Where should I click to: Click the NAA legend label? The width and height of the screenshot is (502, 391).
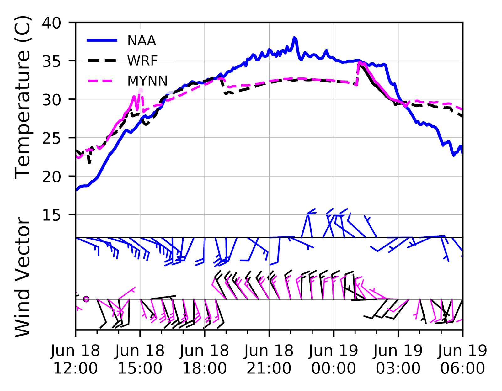[x=142, y=41]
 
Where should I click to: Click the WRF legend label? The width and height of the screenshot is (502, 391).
[x=142, y=61]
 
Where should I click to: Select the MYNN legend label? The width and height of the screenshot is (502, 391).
[x=147, y=81]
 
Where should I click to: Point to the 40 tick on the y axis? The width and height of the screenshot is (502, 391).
[x=52, y=23]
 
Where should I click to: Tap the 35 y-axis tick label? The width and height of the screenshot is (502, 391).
[x=52, y=61]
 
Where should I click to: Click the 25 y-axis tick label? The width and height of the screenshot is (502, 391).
[x=52, y=138]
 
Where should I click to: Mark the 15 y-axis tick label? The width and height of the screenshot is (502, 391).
[x=52, y=215]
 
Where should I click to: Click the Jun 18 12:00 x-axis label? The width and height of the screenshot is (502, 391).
[x=75, y=359]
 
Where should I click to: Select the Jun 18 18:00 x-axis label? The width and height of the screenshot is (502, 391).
[x=205, y=359]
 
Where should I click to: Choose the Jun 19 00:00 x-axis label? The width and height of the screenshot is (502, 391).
[x=334, y=359]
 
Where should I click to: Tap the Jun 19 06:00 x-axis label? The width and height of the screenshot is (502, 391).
[x=462, y=359]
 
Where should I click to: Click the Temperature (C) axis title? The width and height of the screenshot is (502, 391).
[x=23, y=97]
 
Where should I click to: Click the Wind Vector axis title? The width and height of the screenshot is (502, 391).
[x=23, y=277]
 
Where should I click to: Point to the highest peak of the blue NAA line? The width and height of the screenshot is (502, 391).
[x=294, y=38]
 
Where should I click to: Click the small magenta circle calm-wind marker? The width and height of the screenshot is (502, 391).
[x=86, y=299]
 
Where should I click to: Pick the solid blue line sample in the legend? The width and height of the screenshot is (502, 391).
[x=102, y=40]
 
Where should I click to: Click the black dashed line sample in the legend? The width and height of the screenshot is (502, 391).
[x=102, y=61]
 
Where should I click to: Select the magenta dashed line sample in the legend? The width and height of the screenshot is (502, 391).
[x=102, y=81]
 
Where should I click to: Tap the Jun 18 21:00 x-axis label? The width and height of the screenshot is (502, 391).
[x=269, y=359]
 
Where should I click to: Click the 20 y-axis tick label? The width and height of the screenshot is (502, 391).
[x=52, y=177]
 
